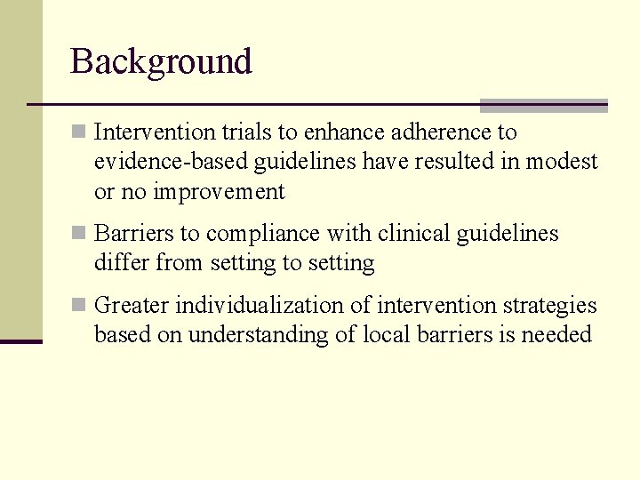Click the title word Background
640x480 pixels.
click(x=161, y=61)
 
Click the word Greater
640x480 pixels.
click(x=132, y=306)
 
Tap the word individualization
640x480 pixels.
click(x=273, y=306)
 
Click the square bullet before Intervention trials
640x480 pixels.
click(x=78, y=132)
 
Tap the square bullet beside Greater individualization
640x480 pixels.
click(x=78, y=306)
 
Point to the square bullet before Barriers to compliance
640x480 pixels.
click(x=78, y=234)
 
